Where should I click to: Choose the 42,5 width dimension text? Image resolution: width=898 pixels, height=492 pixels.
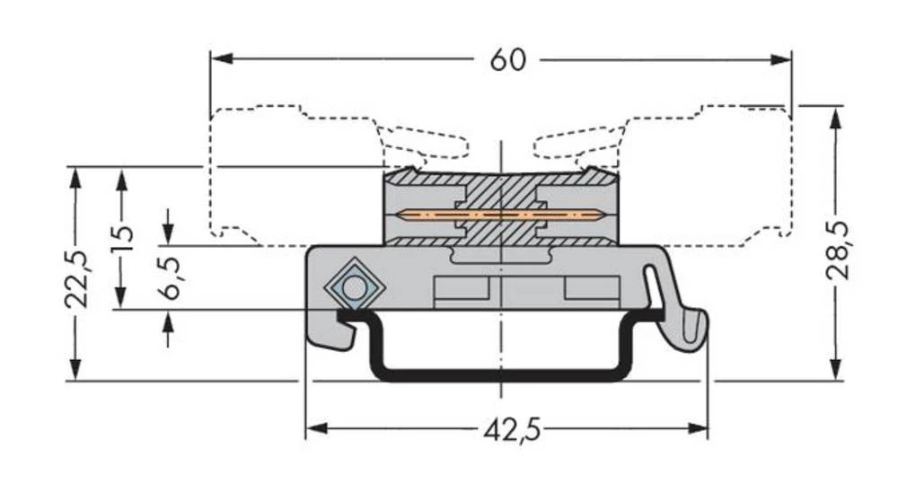pyautogui.click(x=512, y=431)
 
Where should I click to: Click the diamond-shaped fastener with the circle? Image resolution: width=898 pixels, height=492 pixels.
pyautogui.click(x=354, y=288)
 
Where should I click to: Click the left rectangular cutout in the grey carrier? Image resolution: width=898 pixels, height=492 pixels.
pyautogui.click(x=461, y=288)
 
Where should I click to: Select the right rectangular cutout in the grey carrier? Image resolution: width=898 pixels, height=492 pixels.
pyautogui.click(x=592, y=288)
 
